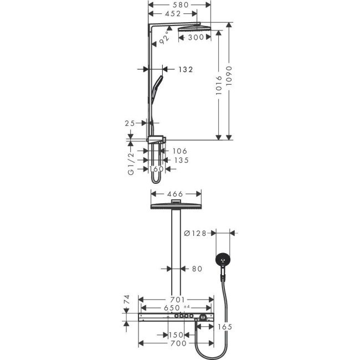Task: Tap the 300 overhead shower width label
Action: (x=195, y=38)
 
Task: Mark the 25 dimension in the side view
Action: (x=130, y=123)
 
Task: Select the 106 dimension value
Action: (x=180, y=151)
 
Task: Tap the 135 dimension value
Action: (x=181, y=160)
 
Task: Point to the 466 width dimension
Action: (x=176, y=194)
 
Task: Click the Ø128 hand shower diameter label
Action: (x=197, y=234)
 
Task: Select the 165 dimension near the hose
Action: (x=224, y=327)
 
